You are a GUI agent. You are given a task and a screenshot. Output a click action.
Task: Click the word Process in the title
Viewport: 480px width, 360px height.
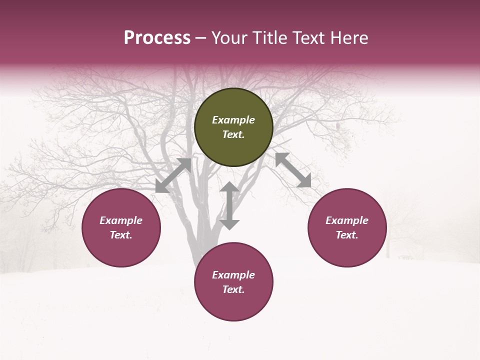pyautogui.click(x=157, y=38)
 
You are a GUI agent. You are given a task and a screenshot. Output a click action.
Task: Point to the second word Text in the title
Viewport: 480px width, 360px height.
pyautogui.click(x=309, y=38)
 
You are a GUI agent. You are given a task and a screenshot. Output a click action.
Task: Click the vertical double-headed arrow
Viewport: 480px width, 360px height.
pyautogui.click(x=229, y=206)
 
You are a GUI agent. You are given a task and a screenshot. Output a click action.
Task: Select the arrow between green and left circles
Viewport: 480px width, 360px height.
pyautogui.click(x=173, y=175)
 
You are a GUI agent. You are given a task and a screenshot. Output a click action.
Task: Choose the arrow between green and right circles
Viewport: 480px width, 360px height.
pyautogui.click(x=293, y=170)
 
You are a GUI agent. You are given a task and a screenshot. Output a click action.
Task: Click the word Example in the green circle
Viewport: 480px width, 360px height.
pyautogui.click(x=233, y=120)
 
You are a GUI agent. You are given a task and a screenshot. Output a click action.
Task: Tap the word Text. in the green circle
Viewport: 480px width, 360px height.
pyautogui.click(x=233, y=134)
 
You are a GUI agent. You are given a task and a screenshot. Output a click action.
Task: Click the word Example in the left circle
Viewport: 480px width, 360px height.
pyautogui.click(x=121, y=220)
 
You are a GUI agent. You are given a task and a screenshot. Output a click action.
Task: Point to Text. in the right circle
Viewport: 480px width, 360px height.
pyautogui.click(x=347, y=235)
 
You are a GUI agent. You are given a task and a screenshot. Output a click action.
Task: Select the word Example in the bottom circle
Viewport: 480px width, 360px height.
pyautogui.click(x=233, y=275)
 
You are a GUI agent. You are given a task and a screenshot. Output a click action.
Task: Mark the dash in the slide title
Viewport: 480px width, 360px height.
pyautogui.click(x=201, y=38)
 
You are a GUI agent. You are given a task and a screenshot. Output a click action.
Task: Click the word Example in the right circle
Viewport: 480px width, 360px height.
pyautogui.click(x=347, y=220)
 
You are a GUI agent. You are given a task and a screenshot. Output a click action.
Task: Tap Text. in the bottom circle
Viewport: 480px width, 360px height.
pyautogui.click(x=233, y=289)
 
